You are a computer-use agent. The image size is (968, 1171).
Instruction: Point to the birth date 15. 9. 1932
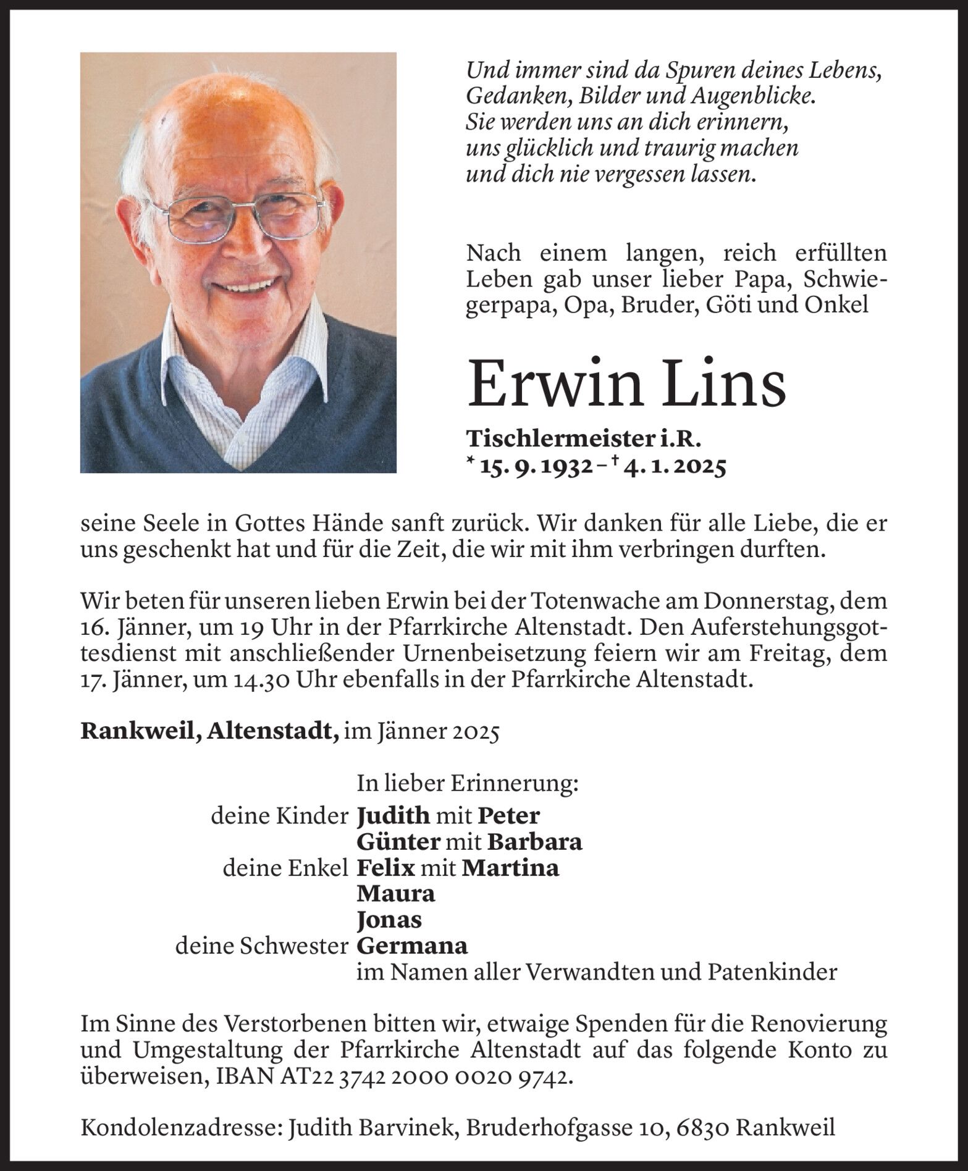coord(529,469)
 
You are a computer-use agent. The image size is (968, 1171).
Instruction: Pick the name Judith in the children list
coord(393,816)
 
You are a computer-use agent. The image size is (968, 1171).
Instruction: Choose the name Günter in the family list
coord(398,842)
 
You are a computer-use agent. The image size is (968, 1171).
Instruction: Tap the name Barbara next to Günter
coord(534,842)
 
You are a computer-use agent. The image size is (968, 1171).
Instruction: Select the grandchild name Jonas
coord(389,920)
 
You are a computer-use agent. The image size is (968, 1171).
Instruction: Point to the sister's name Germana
coord(412,946)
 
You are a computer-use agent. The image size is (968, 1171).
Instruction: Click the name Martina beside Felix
coord(510,868)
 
